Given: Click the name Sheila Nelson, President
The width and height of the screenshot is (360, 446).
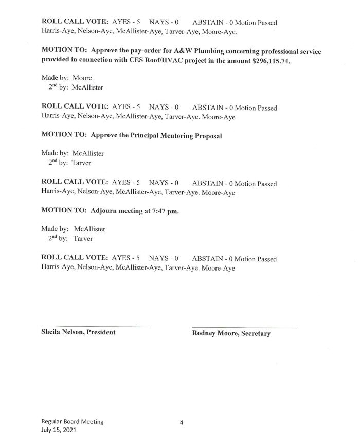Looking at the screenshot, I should coord(78,332).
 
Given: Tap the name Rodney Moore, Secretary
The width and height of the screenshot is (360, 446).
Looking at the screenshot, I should coord(231,333).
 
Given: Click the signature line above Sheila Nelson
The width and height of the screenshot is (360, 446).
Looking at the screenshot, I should coord(95,327).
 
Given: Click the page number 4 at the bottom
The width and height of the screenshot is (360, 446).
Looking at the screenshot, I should coord(182,423).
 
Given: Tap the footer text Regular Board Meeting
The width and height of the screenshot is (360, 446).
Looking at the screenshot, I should coord(73,421).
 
